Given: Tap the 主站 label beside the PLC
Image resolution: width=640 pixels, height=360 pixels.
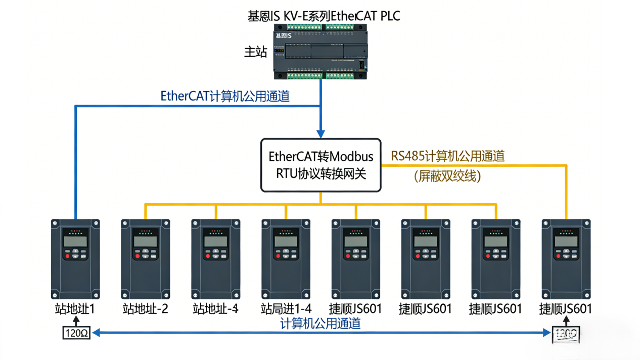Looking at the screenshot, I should tap(256, 53).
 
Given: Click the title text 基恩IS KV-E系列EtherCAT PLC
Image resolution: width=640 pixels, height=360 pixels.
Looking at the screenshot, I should tap(324, 16).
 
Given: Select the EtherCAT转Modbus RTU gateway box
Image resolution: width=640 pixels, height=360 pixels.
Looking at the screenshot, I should tap(321, 165).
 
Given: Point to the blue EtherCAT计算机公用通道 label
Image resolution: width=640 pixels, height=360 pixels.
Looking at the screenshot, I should tap(225, 96).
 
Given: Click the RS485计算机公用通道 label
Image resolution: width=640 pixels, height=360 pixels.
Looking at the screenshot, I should tap(448, 156).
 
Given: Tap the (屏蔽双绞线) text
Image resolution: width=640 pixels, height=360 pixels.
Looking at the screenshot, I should tap(447, 176).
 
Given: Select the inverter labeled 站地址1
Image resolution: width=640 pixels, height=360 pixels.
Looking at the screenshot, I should tap(75, 259).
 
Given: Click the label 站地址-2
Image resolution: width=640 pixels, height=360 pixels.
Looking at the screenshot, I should tap(145, 308).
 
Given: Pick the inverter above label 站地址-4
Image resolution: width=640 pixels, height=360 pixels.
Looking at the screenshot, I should tap(215, 259).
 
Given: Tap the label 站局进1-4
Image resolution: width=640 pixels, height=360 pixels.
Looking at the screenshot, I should tap(286, 308).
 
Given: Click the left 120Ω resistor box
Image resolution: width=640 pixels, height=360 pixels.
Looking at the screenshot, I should tap(76, 332).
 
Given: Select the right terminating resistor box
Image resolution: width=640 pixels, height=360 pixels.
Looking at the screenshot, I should tap(566, 333).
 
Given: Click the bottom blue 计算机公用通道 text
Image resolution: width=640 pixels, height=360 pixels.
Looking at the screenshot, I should tap(321, 324).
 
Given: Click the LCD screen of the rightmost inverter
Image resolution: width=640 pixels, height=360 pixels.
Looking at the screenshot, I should tap(566, 241).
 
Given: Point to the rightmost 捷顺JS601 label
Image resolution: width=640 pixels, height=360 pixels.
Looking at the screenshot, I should tap(566, 308).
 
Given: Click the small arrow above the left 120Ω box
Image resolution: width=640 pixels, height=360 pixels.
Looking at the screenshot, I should tap(76, 321).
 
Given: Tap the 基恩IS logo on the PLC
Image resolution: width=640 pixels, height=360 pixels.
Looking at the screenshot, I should tap(284, 36).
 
